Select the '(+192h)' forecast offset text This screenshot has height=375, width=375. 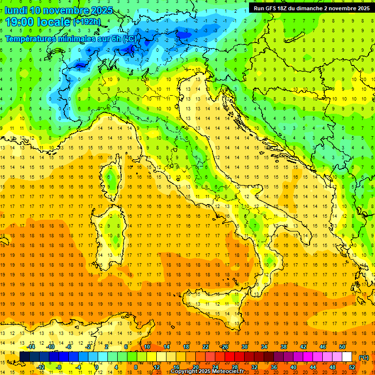pos(87,22)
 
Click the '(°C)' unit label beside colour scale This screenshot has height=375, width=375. pos(364,357)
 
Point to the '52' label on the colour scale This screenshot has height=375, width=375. pos(352,367)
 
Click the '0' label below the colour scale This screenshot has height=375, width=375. pos(97,367)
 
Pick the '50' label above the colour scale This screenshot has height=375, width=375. pos(342,347)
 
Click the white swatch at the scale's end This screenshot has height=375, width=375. pos(347,357)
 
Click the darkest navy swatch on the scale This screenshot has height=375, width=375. pos(24,357)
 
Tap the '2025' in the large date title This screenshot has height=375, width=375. pos(102,10)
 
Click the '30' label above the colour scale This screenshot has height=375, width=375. pos(244,347)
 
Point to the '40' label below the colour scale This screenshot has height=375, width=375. pos(293,367)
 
